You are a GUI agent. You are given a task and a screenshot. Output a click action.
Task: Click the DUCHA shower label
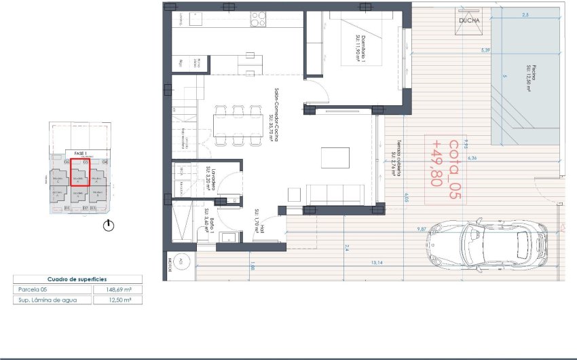point(469,20)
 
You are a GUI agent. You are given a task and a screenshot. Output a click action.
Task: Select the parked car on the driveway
point(485,245)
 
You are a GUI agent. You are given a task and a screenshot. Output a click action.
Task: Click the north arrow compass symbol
point(109,226)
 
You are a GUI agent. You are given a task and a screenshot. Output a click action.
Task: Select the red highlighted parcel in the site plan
point(81,171)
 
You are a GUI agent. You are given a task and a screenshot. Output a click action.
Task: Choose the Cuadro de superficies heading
point(77,279)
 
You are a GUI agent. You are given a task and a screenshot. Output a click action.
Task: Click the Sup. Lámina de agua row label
point(48,300)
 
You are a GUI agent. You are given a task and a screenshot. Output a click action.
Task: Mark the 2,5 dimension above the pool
point(525,14)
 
